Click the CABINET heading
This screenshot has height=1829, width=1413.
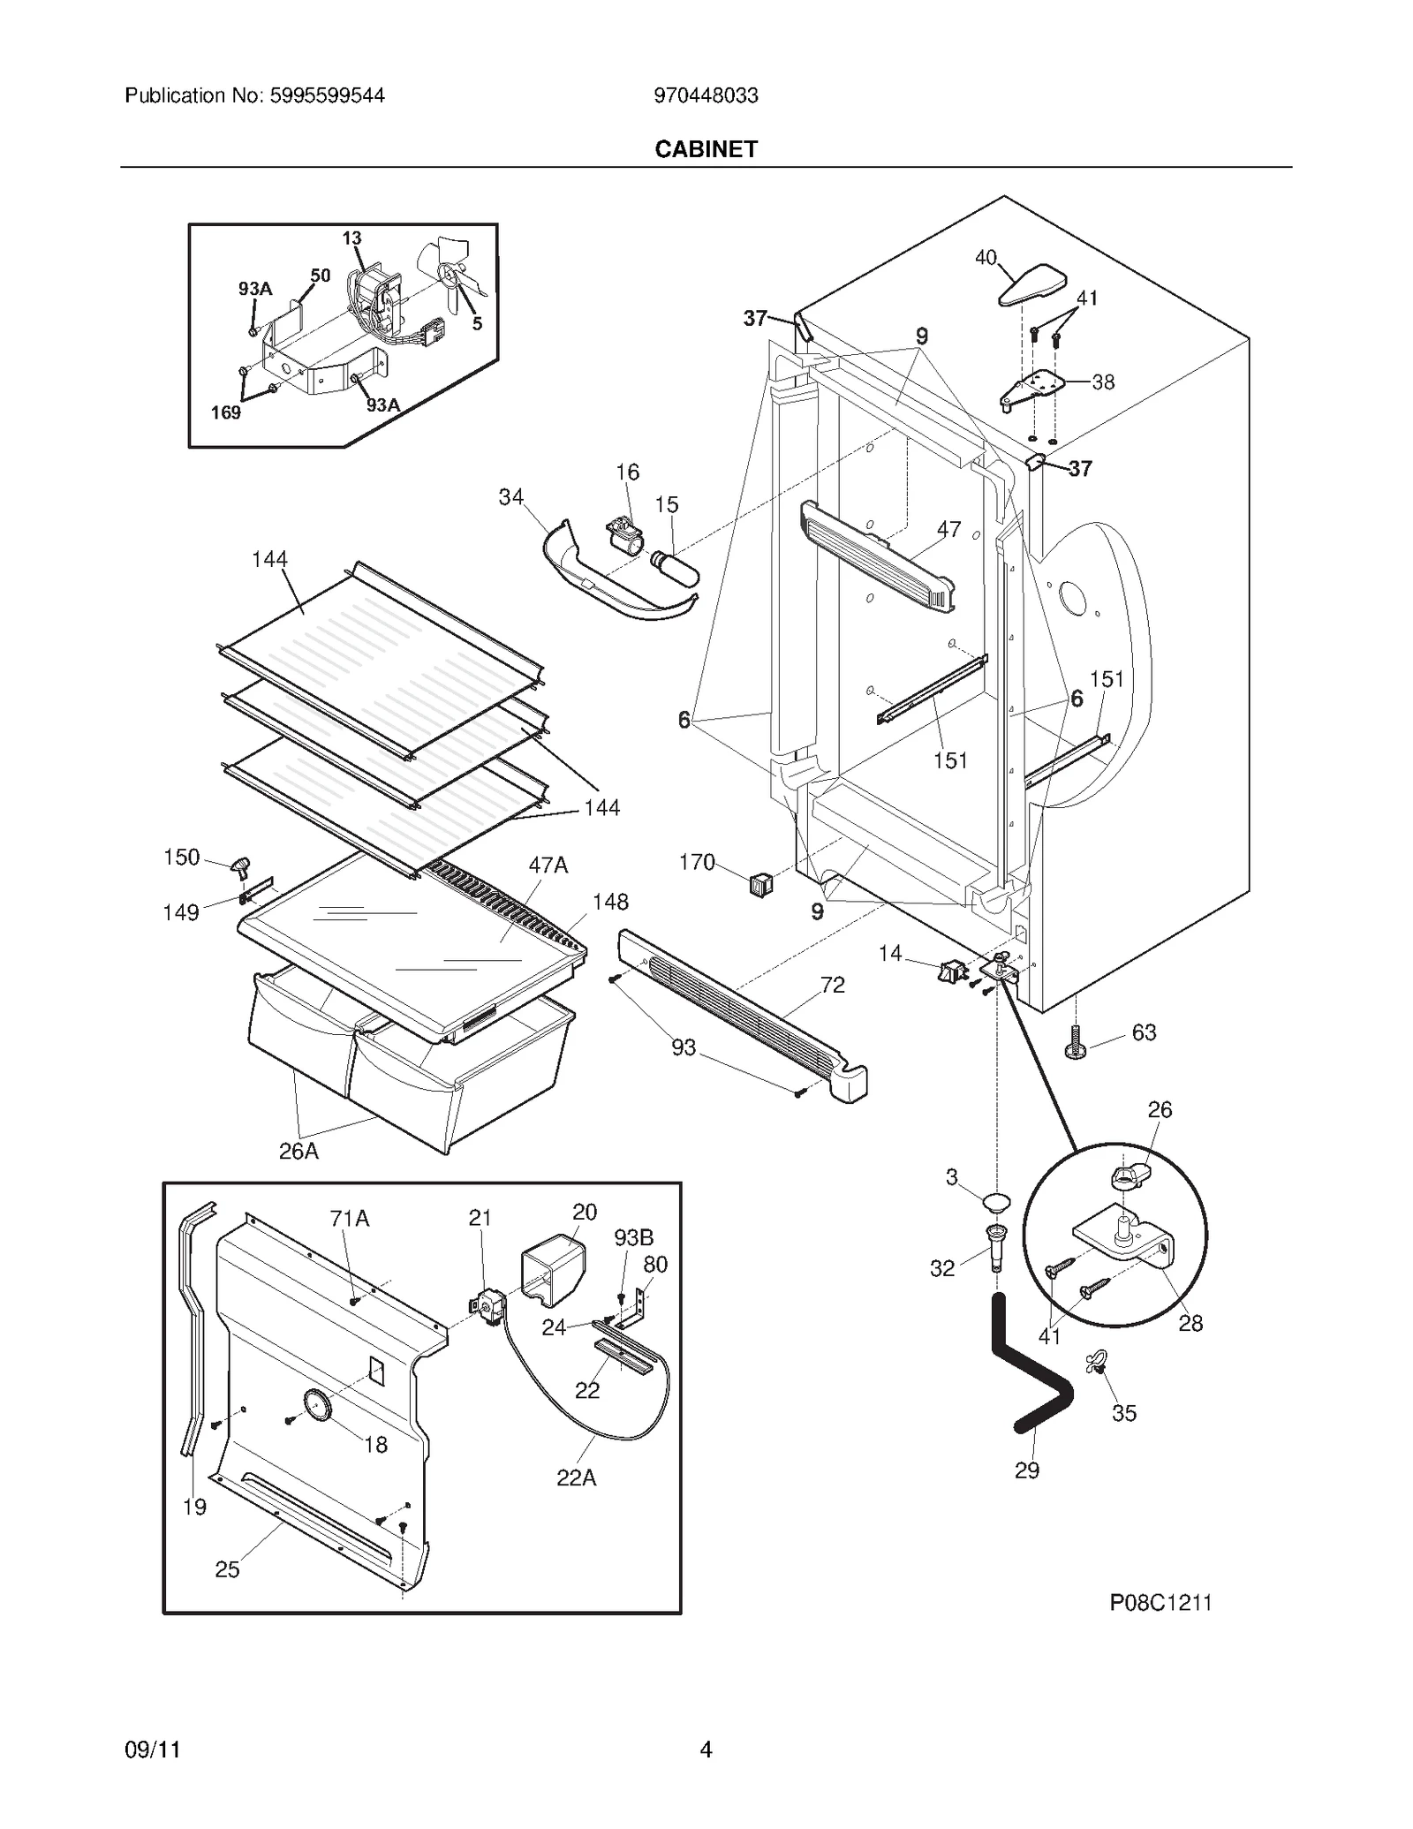(x=706, y=149)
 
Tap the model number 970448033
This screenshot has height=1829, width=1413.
(x=706, y=95)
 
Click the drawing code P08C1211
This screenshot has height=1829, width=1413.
(x=1160, y=1602)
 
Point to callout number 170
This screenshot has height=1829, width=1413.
(x=696, y=862)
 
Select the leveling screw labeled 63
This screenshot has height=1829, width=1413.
(x=1076, y=1042)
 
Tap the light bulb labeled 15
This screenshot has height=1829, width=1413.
(x=676, y=566)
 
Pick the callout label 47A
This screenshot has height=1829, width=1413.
(x=548, y=865)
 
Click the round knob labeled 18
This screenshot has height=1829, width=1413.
(x=315, y=1403)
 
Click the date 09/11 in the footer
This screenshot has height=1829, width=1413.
(x=153, y=1750)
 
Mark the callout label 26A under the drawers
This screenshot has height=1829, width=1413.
(x=298, y=1151)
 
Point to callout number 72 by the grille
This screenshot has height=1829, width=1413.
(x=832, y=985)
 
